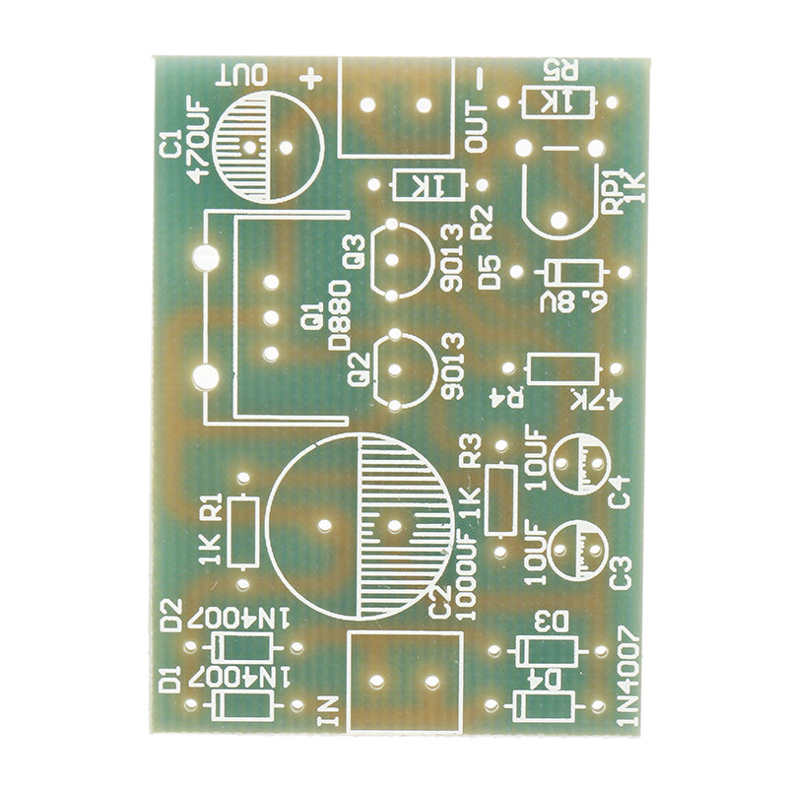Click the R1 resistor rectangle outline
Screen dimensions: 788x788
pos(243,531)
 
